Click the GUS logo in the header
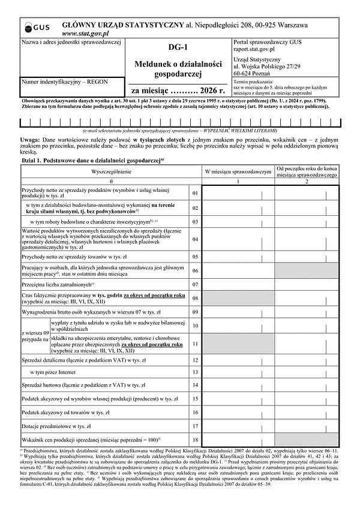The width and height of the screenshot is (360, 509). (x=36, y=28)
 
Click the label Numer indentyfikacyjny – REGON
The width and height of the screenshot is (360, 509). (x=59, y=81)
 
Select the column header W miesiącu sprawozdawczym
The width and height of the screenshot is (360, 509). (x=239, y=171)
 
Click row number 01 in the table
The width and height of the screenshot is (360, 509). (x=195, y=193)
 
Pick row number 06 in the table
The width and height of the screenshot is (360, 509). (x=195, y=271)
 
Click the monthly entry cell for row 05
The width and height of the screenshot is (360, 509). (x=239, y=257)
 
